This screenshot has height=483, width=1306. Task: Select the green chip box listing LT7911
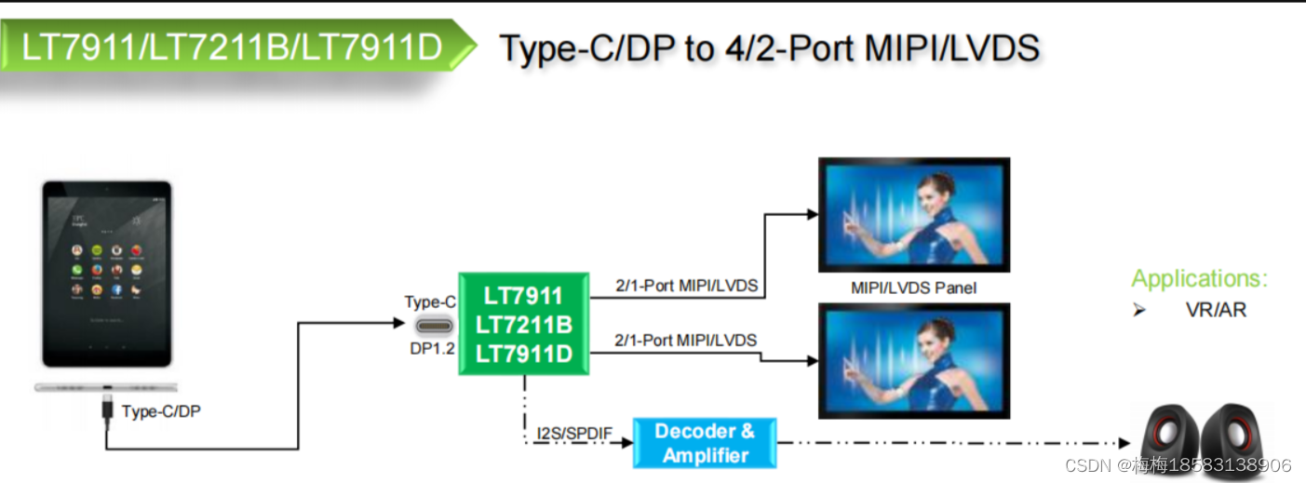coord(523,324)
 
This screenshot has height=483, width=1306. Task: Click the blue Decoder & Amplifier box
coord(704,443)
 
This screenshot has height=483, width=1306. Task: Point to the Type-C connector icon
coord(435,326)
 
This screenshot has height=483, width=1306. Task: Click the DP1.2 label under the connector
coord(432,349)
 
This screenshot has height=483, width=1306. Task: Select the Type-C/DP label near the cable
coord(161,411)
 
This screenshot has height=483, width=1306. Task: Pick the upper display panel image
coord(913,214)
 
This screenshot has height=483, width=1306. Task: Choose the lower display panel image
coord(913,360)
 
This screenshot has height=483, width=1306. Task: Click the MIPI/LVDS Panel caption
coord(913,288)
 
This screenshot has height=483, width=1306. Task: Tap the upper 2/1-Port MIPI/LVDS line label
coord(686,286)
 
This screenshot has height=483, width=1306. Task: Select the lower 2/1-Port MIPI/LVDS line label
coord(686,340)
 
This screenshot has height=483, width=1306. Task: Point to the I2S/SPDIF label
coord(574,434)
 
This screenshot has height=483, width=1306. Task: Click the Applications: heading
coord(1199,278)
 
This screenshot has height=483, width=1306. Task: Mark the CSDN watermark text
coord(1178,465)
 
